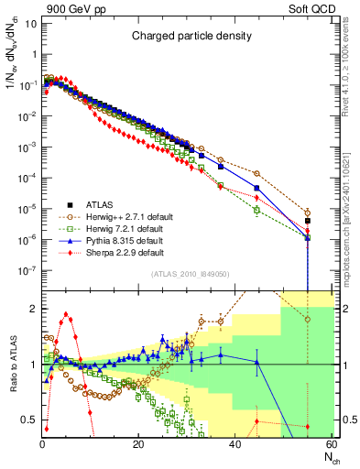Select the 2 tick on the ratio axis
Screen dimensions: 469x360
click(x=32, y=309)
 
